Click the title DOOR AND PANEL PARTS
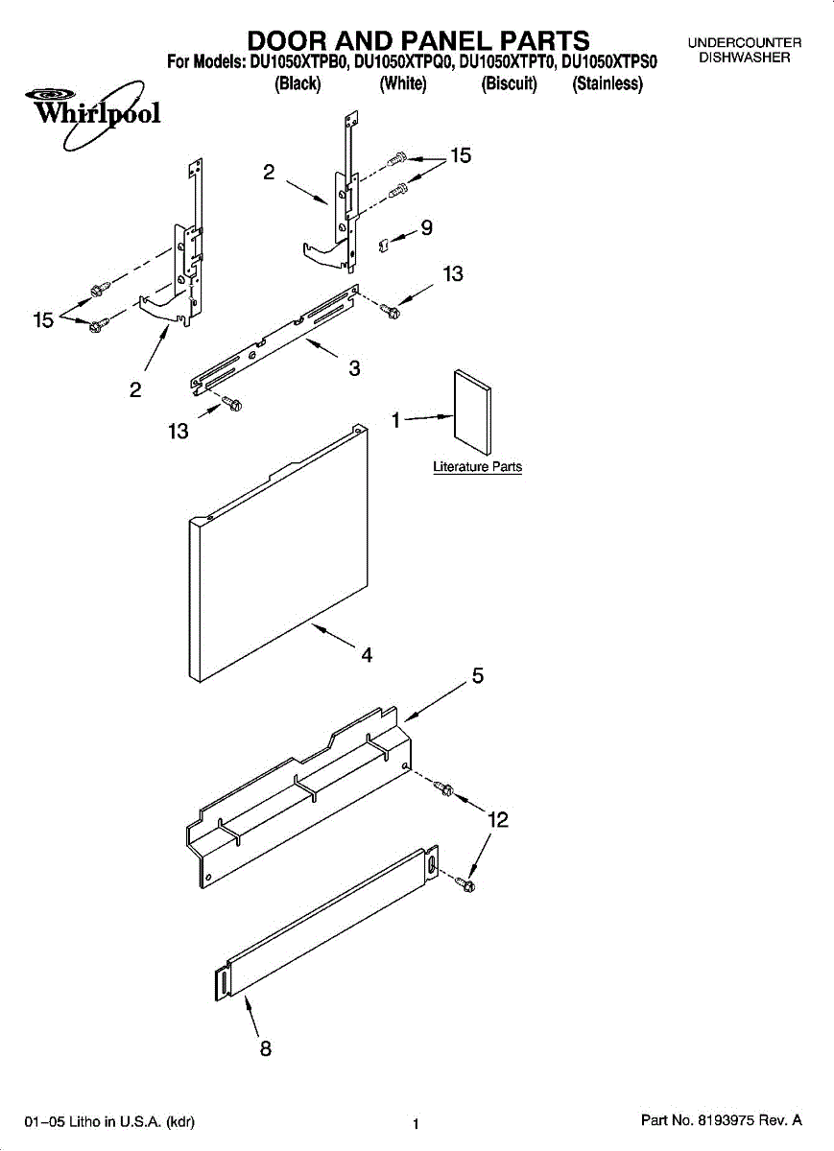coord(418,40)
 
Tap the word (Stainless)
coord(607,83)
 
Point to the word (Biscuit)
coord(509,83)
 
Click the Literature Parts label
coord(477,467)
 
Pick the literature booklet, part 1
coord(472,410)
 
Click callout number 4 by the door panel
coord(366,656)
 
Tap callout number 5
coord(477,676)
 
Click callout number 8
coord(266,1048)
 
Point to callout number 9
coord(426,228)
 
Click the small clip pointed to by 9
coord(383,247)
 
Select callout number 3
coord(354,367)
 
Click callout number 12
coord(497,819)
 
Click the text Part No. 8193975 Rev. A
coord(720,1120)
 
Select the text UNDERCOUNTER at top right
coord(744,43)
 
